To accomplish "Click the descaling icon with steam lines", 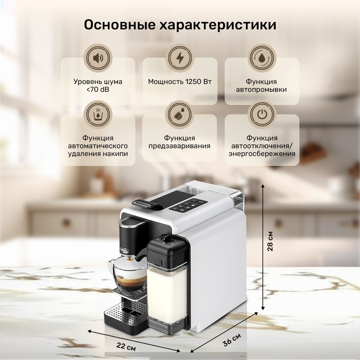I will pos(98,114).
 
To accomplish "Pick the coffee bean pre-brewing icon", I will pos(180,114).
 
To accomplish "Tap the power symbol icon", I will pos(262,114).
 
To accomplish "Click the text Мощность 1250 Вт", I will pos(180,82).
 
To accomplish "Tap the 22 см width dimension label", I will pos(126,346).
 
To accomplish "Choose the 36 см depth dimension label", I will pos(231,340).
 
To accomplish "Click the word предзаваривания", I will pos(180,146).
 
